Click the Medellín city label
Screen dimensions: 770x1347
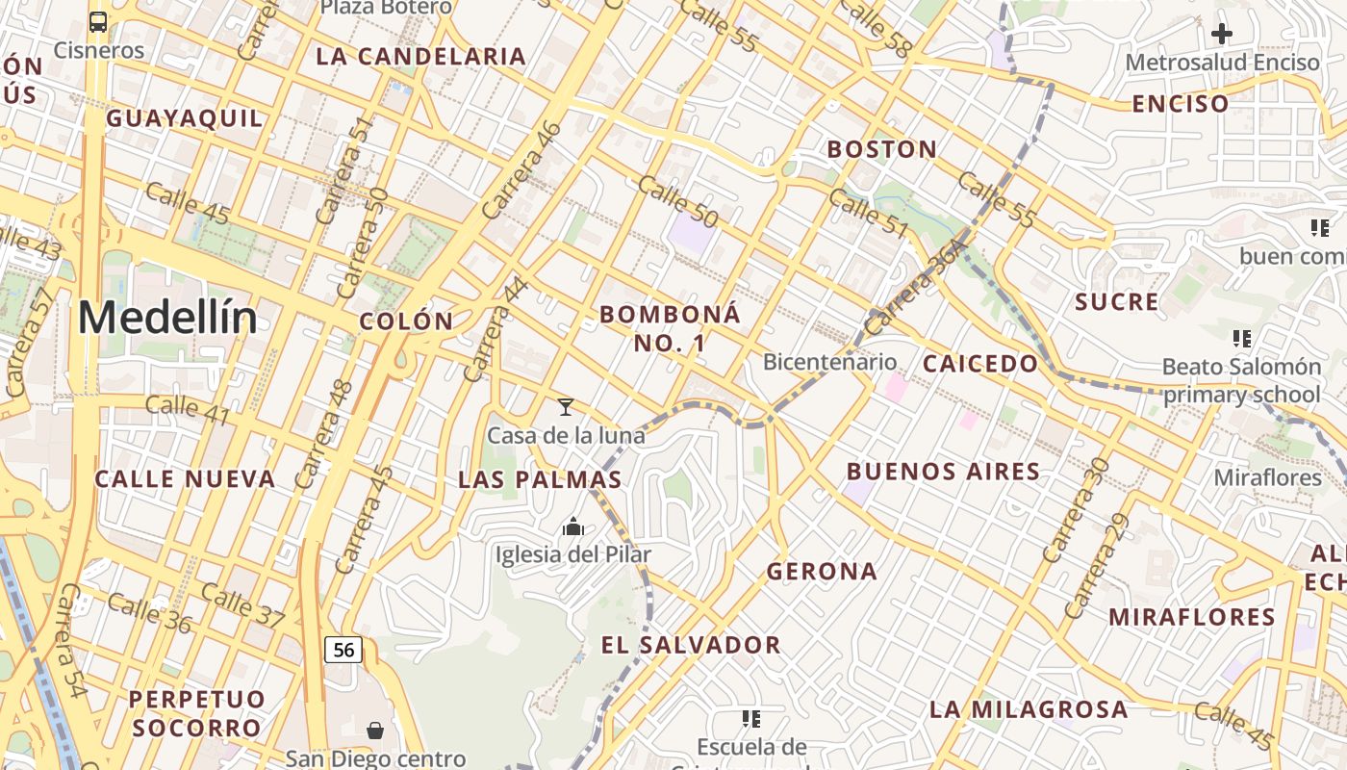167,319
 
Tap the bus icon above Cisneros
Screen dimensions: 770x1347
98,21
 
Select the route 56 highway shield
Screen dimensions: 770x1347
343,650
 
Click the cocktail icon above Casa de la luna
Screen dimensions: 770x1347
566,407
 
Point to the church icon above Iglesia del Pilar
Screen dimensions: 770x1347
573,526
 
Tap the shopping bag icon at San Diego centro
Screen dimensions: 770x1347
375,731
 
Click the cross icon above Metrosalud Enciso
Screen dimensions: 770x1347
1222,34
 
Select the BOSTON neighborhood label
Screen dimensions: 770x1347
882,149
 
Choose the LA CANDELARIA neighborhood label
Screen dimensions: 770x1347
421,56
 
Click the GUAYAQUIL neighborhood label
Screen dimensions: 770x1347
185,118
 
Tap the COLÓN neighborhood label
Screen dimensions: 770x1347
406,321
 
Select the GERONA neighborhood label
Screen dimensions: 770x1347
822,572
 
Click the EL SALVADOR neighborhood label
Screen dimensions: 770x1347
691,645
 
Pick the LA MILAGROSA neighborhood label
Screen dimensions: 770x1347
1029,710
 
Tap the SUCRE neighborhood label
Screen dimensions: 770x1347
1117,302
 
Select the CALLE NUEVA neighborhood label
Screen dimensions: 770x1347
185,479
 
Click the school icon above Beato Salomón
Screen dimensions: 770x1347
1242,339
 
